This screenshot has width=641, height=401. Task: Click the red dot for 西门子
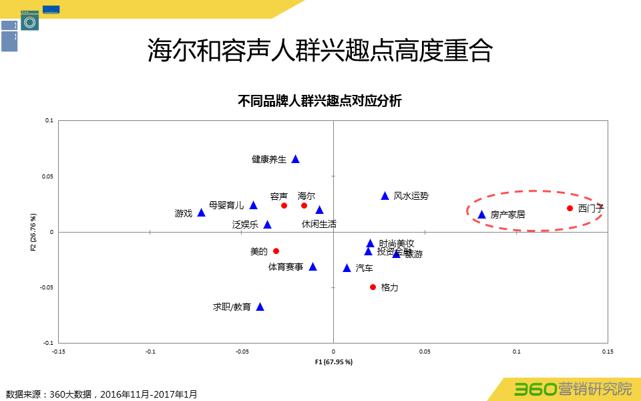click(570, 209)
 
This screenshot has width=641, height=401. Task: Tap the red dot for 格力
click(373, 287)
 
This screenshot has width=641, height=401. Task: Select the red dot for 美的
click(276, 251)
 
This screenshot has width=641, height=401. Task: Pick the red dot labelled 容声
click(284, 206)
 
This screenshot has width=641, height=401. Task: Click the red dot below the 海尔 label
click(304, 206)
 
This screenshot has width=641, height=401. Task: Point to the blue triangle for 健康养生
click(295, 159)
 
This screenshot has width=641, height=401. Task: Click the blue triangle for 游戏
click(201, 213)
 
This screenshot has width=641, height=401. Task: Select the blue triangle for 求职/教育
click(260, 307)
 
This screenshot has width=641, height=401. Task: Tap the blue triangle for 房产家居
click(481, 215)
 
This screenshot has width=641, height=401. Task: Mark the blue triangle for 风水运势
click(385, 196)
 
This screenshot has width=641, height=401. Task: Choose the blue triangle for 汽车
click(347, 268)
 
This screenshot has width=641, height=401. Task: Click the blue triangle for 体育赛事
click(312, 267)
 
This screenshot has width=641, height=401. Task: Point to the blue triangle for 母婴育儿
click(253, 205)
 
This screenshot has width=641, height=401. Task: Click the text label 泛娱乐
click(245, 225)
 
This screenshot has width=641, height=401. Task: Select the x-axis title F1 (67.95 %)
click(333, 362)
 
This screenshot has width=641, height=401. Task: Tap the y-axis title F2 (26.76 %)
click(33, 232)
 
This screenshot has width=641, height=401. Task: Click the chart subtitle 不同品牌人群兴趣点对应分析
click(320, 102)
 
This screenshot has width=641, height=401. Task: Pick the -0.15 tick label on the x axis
click(58, 351)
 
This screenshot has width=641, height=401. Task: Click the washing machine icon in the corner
click(29, 21)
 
